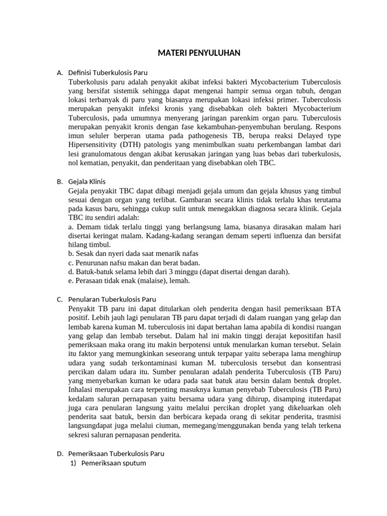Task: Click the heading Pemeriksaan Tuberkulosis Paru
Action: [x=116, y=454]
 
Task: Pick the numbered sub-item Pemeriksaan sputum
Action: [x=114, y=463]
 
